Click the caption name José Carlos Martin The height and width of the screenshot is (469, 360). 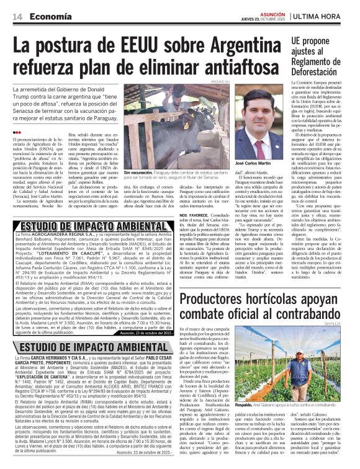point(255,163)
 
